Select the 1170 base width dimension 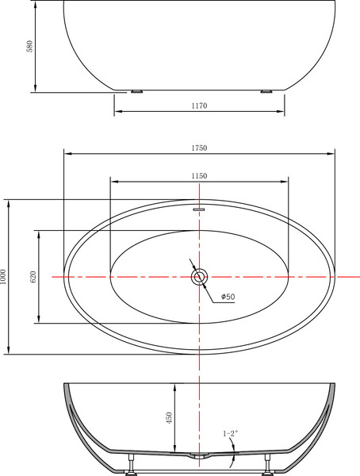198,106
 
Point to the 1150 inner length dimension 198,175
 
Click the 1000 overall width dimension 4,276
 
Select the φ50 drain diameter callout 228,297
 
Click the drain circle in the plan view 199,277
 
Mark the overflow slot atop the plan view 199,209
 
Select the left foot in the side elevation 137,91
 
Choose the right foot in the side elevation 263,91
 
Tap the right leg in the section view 266,466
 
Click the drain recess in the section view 199,458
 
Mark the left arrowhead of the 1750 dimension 67,154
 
